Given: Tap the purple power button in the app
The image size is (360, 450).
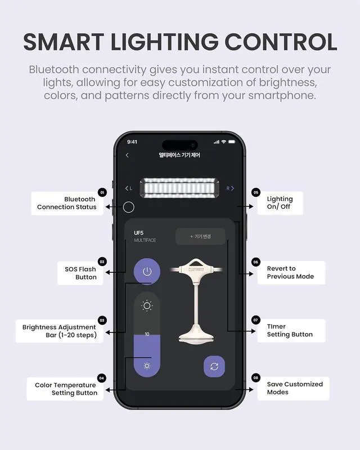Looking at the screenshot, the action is tap(147, 272).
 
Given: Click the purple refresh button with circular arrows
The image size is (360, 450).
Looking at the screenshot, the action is tap(214, 367).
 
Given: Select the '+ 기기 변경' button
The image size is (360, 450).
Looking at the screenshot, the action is tap(200, 236).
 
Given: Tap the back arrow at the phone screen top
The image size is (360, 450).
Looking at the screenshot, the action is tap(127, 155).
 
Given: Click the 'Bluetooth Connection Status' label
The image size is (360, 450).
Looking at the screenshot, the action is tap(67, 203).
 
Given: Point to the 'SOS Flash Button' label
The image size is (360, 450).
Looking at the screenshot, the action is tap(80, 273).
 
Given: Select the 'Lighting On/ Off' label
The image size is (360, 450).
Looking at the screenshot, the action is tap(280, 202).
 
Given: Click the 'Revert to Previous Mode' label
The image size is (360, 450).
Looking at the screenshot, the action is tap(290, 272).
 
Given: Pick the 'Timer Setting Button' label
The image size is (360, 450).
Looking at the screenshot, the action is tap(289, 330).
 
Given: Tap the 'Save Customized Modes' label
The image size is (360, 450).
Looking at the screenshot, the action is tap(294, 388).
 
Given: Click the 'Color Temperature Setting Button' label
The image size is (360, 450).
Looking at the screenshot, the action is tap(66, 389).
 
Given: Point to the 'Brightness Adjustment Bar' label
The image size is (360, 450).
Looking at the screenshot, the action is tap(60, 331).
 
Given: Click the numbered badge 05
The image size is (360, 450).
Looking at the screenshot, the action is tap(256, 192).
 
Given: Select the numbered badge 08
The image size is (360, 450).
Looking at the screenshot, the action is tap(256, 377).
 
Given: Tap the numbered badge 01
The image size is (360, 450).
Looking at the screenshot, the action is tap(102, 192).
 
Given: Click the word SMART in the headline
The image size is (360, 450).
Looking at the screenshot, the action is tap(66, 42).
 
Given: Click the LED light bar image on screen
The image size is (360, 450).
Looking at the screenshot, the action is tap(179, 188).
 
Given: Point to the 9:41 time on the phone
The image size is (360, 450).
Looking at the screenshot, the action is tap(132, 142).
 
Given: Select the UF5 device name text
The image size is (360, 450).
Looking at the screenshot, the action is tap(139, 233).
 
